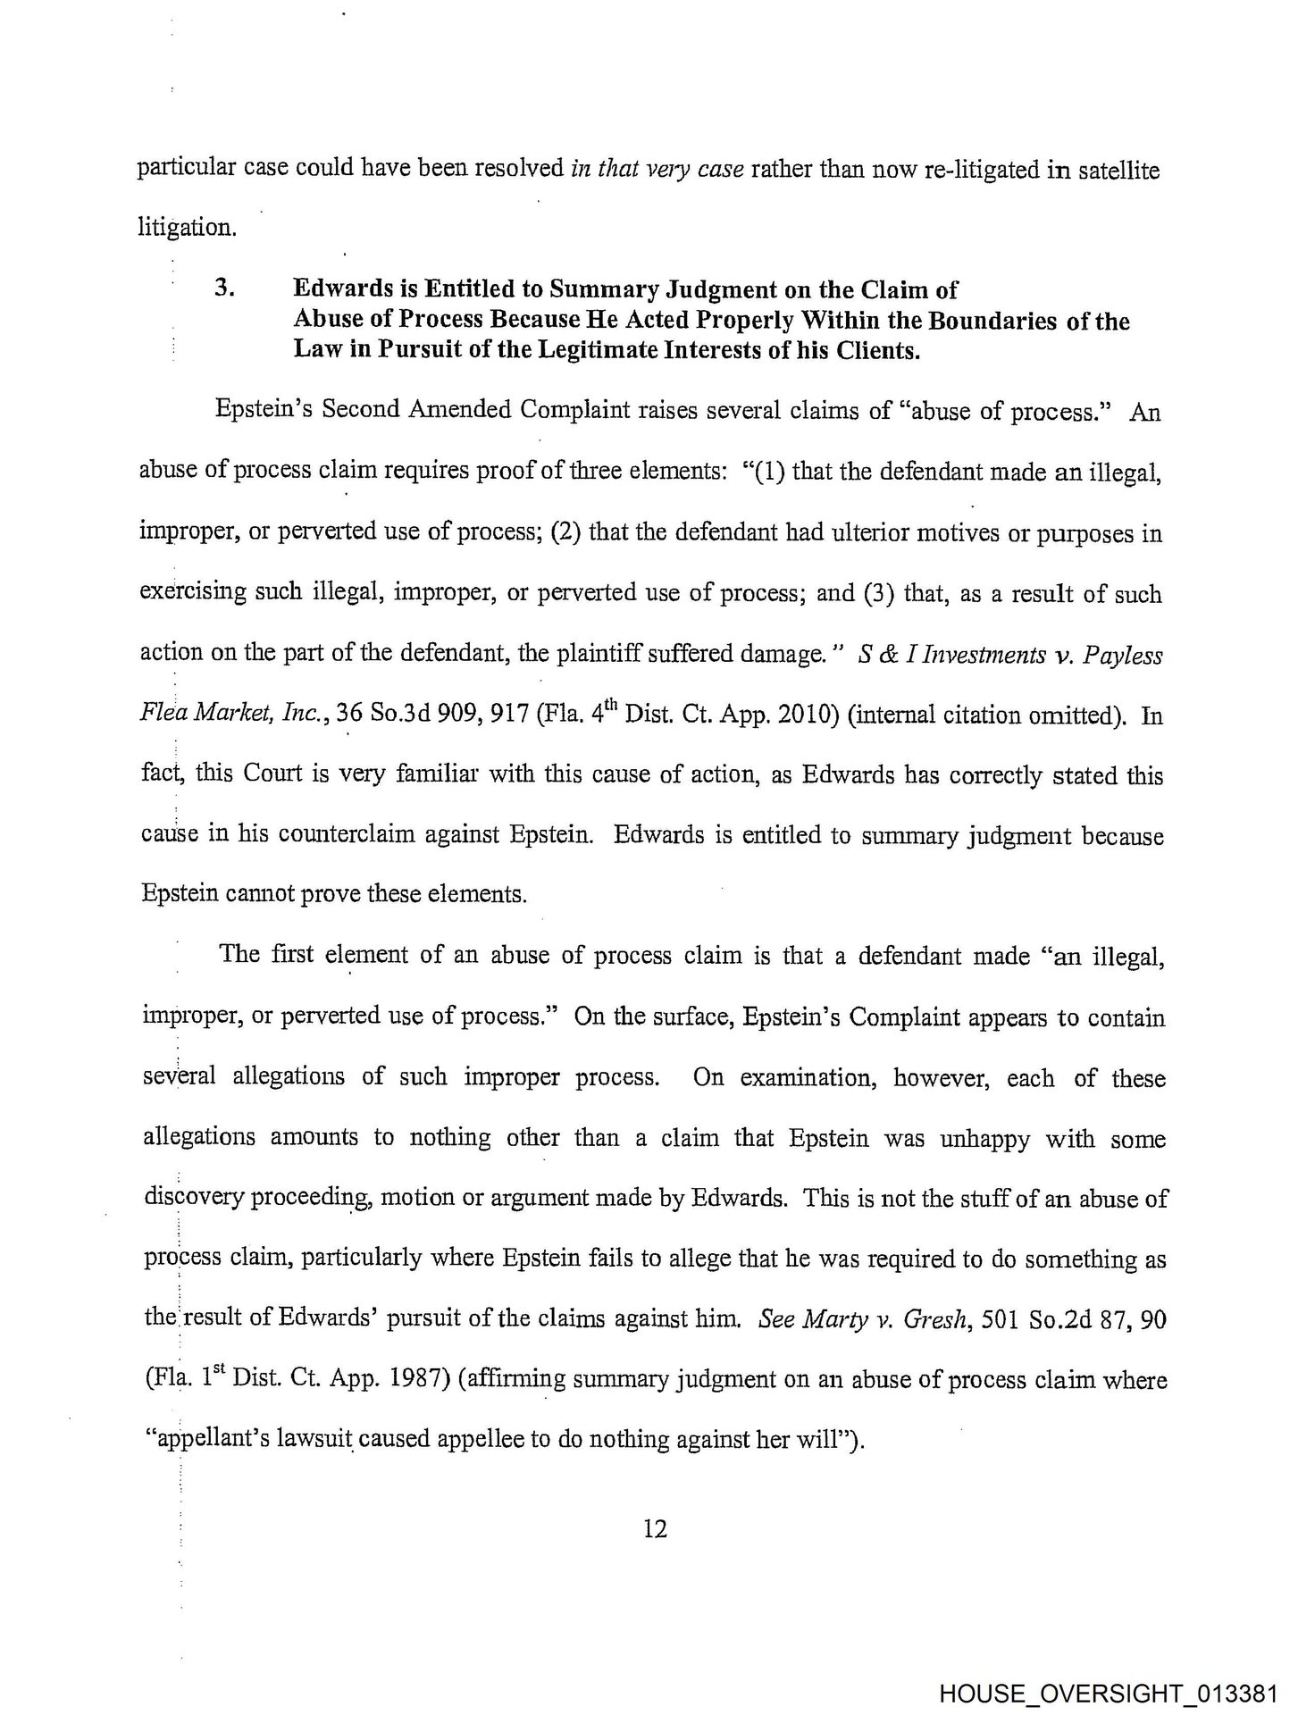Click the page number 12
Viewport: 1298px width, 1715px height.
tap(655, 1529)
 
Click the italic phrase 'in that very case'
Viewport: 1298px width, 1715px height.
tap(657, 169)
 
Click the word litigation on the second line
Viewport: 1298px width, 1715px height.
tap(187, 228)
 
